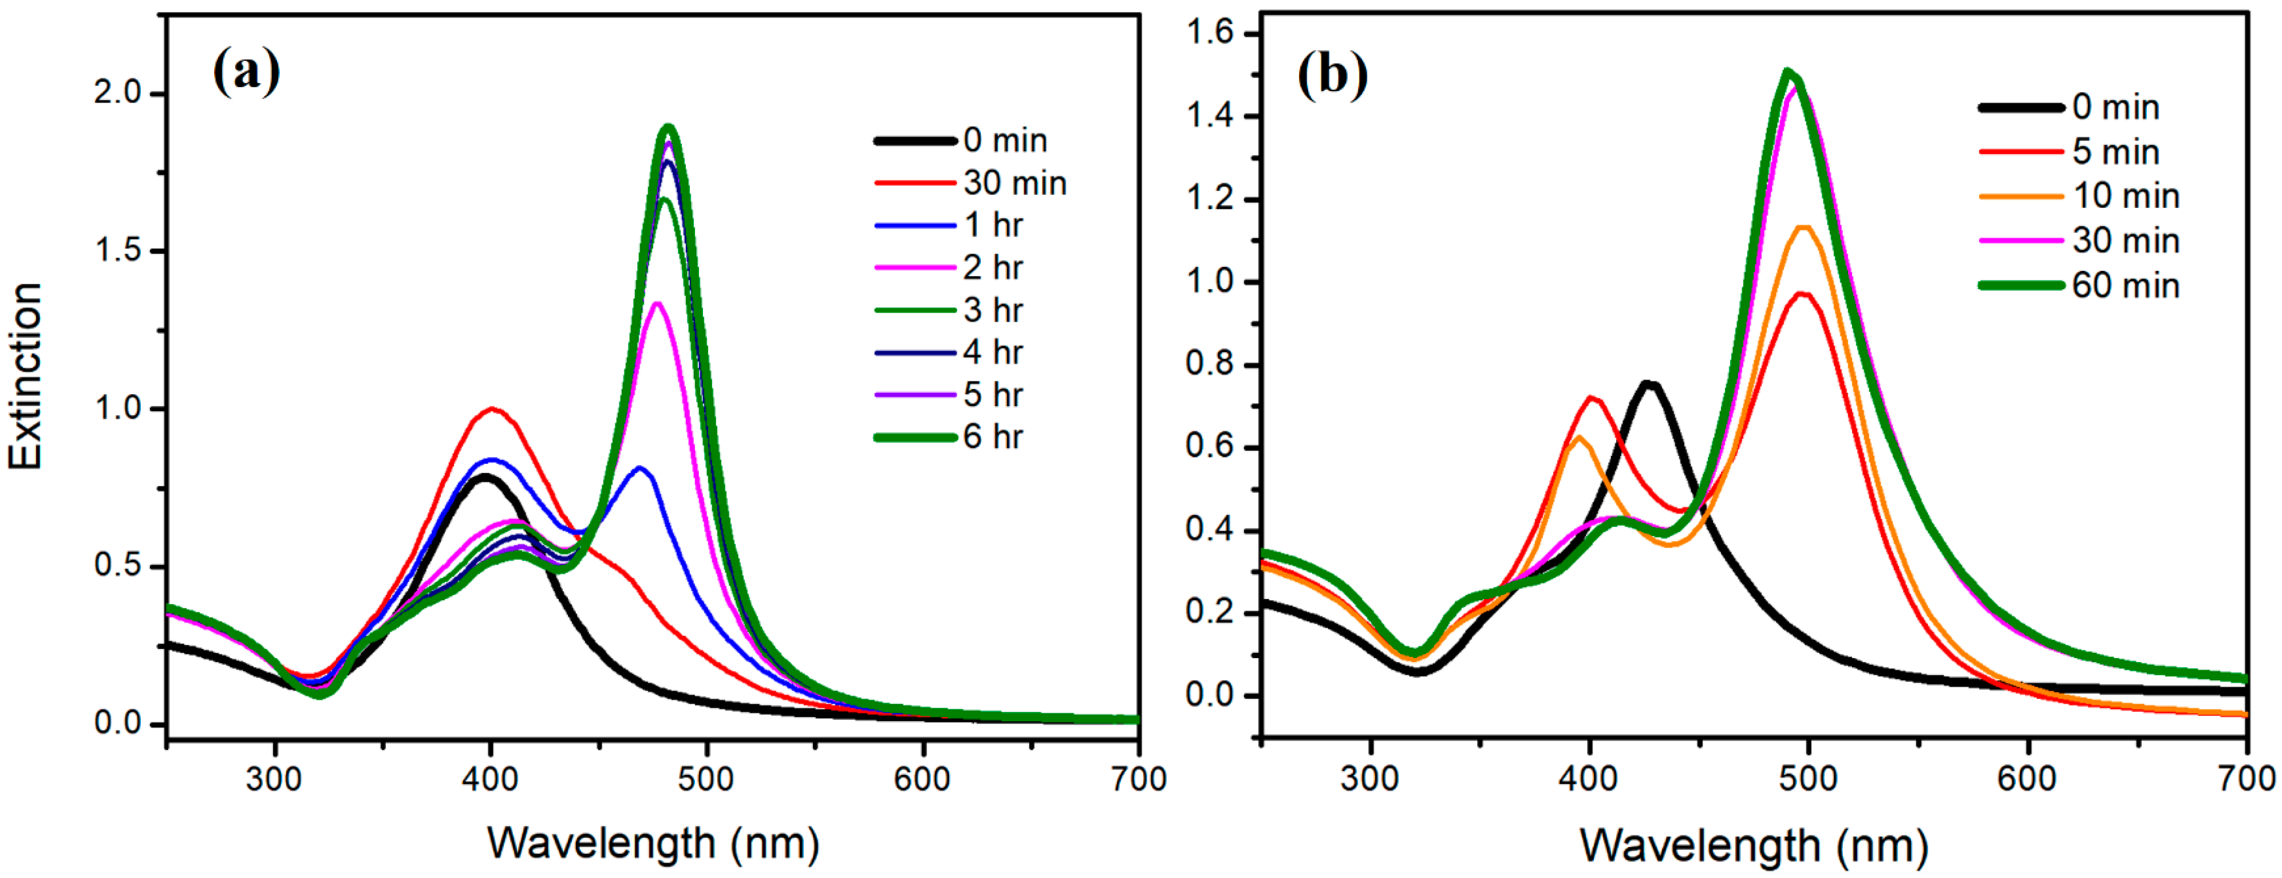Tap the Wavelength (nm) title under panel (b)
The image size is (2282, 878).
tap(1754, 845)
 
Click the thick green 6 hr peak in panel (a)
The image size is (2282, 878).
tap(669, 128)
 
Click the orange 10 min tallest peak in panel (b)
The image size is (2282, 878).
tap(1803, 228)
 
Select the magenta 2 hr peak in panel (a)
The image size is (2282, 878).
tap(657, 304)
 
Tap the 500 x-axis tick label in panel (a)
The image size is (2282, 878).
tap(706, 779)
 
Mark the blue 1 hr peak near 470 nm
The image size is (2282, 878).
tap(639, 468)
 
